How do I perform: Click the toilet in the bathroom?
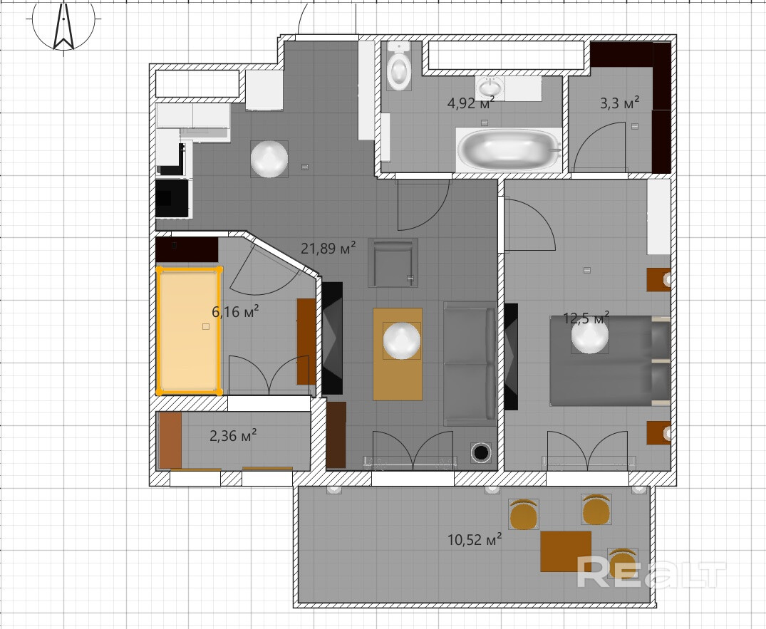click(x=398, y=66)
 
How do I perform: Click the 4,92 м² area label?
click(x=471, y=103)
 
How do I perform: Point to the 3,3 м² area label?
click(x=619, y=103)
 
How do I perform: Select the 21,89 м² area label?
click(x=328, y=248)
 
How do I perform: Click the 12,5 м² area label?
click(x=586, y=318)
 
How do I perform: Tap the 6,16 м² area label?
click(x=235, y=311)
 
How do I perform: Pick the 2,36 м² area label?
click(x=234, y=435)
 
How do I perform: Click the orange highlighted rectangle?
click(x=189, y=330)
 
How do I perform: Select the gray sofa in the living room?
click(x=470, y=364)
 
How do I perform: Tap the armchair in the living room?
click(x=393, y=263)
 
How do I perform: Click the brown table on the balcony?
click(x=566, y=551)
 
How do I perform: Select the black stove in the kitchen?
click(x=172, y=198)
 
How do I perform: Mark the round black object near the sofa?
click(x=481, y=453)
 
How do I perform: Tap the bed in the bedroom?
click(x=610, y=360)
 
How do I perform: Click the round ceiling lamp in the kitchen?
click(x=269, y=159)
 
